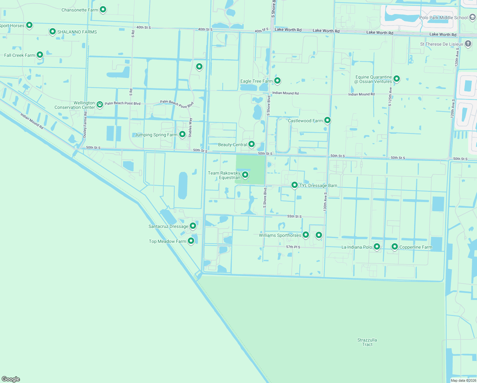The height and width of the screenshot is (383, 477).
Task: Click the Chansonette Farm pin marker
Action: click(103, 10)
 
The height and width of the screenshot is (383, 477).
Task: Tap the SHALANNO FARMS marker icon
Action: click(53, 32)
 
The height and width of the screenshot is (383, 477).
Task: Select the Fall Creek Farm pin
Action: click(40, 55)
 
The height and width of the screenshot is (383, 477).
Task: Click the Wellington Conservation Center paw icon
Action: click(100, 104)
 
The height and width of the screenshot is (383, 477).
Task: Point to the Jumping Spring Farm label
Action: click(156, 135)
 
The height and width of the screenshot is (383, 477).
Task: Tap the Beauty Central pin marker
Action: click(252, 144)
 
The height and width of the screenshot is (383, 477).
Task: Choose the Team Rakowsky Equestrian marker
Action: click(245, 175)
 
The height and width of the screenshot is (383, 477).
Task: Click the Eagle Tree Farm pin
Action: click(277, 80)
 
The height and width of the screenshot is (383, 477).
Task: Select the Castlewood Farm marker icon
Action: click(327, 120)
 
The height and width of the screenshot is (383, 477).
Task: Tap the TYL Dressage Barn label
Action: click(318, 186)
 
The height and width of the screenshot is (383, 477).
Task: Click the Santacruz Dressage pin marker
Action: click(193, 226)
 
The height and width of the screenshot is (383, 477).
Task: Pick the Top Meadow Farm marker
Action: click(191, 241)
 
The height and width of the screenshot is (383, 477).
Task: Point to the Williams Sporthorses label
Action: click(280, 236)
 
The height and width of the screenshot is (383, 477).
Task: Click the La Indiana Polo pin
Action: click(377, 246)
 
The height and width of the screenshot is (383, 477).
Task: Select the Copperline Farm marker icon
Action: click(395, 246)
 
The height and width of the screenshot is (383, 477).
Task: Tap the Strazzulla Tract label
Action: click(367, 342)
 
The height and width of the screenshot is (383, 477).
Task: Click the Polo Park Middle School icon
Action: click(472, 18)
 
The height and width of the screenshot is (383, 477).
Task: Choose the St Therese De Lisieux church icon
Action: click(468, 44)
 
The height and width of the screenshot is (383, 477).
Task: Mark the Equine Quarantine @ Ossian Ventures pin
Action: click(397, 79)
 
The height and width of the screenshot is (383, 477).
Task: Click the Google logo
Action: click(11, 379)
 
